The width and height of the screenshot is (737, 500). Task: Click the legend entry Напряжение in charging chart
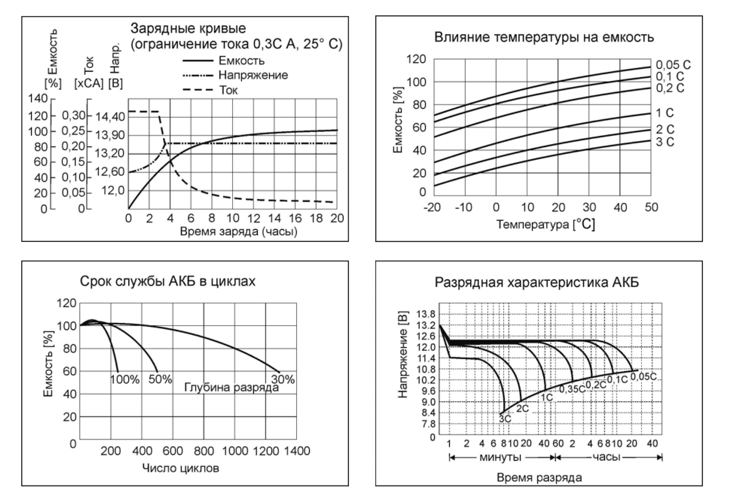pyautogui.click(x=253, y=75)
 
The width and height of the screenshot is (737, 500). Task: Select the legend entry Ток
pyautogui.click(x=228, y=90)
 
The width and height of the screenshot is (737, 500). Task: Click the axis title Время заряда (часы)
pyautogui.click(x=239, y=232)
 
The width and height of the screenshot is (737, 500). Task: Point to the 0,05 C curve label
pyautogui.click(x=673, y=65)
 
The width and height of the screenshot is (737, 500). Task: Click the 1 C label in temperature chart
pyautogui.click(x=665, y=113)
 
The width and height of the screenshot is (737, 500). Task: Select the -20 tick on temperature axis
pyautogui.click(x=432, y=208)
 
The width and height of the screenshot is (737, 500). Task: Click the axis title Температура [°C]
pyautogui.click(x=545, y=224)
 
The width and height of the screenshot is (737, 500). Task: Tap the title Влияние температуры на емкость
pyautogui.click(x=544, y=37)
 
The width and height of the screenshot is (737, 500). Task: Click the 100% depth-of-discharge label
pyautogui.click(x=125, y=380)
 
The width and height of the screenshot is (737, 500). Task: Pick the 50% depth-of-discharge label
pyautogui.click(x=160, y=379)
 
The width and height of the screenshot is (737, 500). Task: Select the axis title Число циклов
pyautogui.click(x=181, y=468)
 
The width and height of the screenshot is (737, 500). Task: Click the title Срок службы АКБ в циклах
pyautogui.click(x=167, y=281)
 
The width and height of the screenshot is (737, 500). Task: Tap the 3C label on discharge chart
pyautogui.click(x=505, y=419)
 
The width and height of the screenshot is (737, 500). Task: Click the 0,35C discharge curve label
pyautogui.click(x=572, y=389)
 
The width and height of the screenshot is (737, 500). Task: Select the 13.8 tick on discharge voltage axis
pyautogui.click(x=426, y=314)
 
